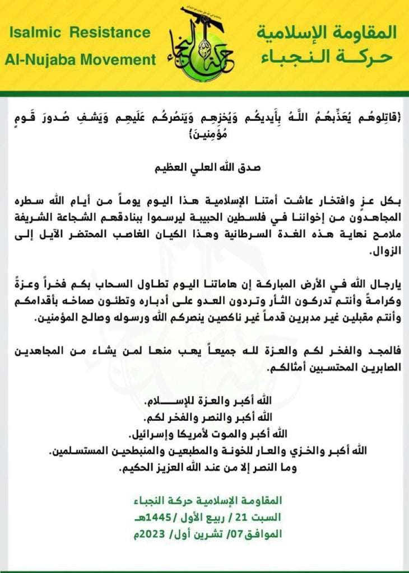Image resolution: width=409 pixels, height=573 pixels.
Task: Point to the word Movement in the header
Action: [123, 60]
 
